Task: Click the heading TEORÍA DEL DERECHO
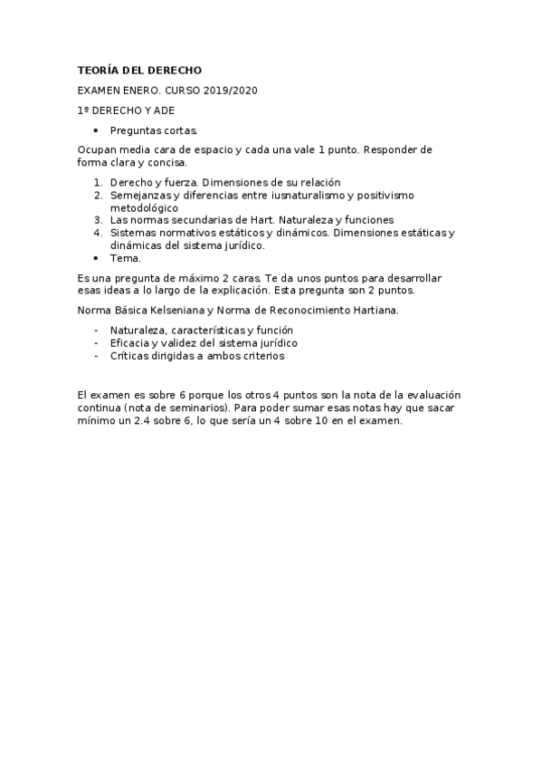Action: pos(139,71)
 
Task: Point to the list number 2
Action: pos(97,195)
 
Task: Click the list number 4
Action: pos(97,233)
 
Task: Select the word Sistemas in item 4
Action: pos(133,233)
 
